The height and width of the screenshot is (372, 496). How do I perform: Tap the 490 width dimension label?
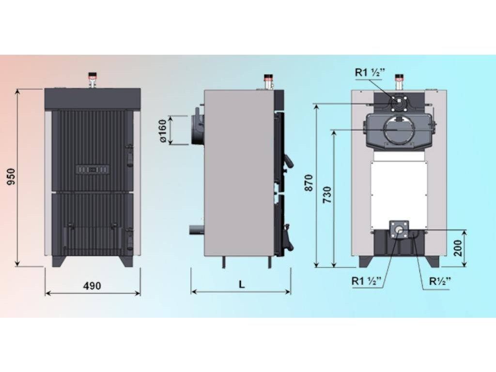pos(92,286)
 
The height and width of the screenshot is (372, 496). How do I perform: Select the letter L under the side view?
pos(242,284)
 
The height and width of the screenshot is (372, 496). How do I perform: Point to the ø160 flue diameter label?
pos(163,131)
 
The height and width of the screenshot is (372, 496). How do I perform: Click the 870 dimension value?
pos(309,183)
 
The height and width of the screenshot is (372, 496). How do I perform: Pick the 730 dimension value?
pos(327,195)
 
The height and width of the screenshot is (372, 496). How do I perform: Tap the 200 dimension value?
pos(458,248)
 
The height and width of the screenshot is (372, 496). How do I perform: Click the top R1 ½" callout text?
pos(370,73)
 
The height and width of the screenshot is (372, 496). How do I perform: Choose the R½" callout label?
pos(440,281)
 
